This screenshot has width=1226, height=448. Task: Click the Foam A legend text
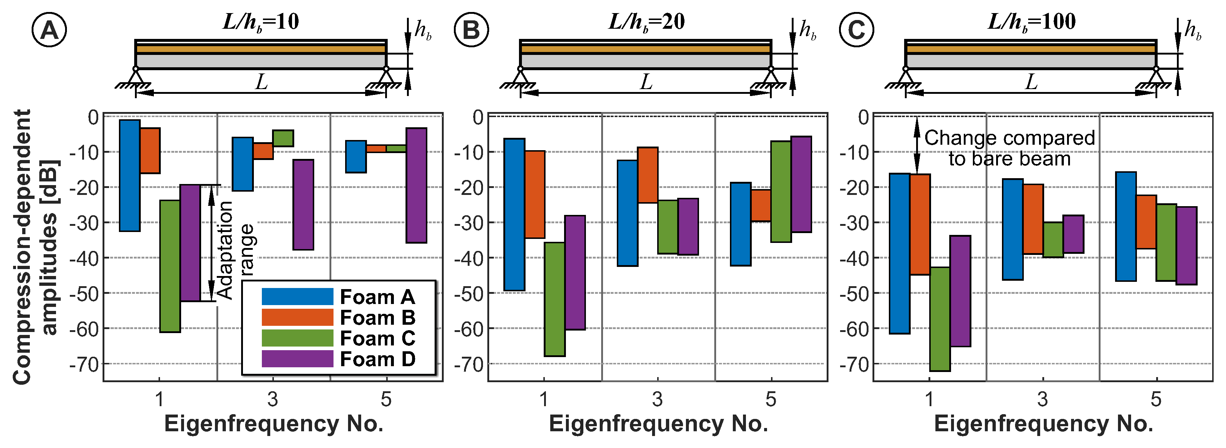point(378,297)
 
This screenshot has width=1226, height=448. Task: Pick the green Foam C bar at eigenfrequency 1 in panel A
point(170,266)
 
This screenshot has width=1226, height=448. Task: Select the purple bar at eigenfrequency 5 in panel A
point(416,185)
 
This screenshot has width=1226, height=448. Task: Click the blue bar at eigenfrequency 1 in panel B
point(515,214)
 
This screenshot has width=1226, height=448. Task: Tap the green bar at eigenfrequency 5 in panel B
point(781,191)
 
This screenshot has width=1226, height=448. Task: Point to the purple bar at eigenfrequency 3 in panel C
point(1073,234)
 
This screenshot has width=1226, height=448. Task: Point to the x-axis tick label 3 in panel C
point(1042,399)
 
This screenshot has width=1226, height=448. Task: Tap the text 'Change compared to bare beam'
point(1010,148)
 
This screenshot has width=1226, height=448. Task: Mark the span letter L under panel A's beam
point(261,82)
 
